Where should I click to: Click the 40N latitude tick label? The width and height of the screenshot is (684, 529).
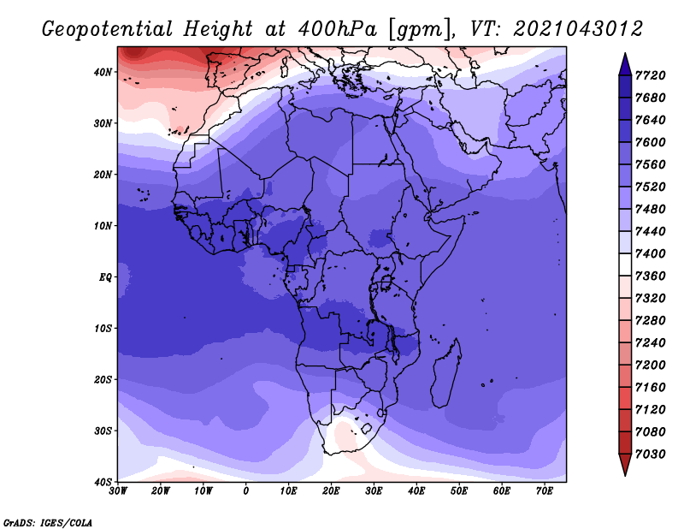pyautogui.click(x=103, y=72)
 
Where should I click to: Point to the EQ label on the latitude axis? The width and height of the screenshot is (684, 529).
pyautogui.click(x=105, y=277)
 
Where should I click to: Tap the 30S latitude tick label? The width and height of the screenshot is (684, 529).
pyautogui.click(x=103, y=431)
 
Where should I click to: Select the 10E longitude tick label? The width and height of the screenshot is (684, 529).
pyautogui.click(x=288, y=491)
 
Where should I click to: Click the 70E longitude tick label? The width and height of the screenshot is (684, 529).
pyautogui.click(x=545, y=491)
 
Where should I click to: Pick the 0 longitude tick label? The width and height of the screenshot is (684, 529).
pyautogui.click(x=246, y=491)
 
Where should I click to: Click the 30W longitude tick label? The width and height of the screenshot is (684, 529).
pyautogui.click(x=118, y=491)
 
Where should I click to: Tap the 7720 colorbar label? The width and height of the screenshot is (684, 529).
pyautogui.click(x=650, y=75)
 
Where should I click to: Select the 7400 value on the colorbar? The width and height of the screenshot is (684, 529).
pyautogui.click(x=650, y=253)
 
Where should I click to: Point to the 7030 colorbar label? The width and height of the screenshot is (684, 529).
pyautogui.click(x=650, y=455)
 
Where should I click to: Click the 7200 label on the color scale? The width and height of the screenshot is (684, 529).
pyautogui.click(x=650, y=366)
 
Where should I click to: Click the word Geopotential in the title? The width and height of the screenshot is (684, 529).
pyautogui.click(x=108, y=30)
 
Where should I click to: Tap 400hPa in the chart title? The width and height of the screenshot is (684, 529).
pyautogui.click(x=337, y=29)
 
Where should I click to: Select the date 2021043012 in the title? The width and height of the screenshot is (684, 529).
pyautogui.click(x=578, y=29)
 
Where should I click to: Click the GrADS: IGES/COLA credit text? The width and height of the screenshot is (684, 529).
pyautogui.click(x=48, y=522)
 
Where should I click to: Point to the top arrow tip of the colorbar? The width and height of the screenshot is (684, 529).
pyautogui.click(x=625, y=54)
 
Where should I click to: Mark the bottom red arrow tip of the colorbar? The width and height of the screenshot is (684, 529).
pyautogui.click(x=625, y=475)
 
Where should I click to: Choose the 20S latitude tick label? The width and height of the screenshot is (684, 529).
pyautogui.click(x=103, y=379)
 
